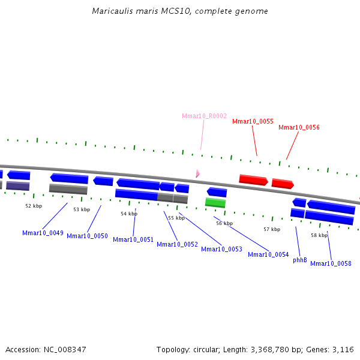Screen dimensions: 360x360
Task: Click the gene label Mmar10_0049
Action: (x=43, y=233)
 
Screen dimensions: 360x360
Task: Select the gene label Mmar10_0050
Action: (x=87, y=236)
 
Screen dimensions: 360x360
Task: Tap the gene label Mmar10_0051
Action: (x=133, y=239)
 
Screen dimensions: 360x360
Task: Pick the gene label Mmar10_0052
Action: (x=177, y=244)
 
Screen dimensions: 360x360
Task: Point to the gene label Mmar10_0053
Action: (x=221, y=249)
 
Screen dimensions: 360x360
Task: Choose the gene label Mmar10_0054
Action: (x=268, y=254)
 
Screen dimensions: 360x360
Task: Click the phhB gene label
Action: (x=300, y=260)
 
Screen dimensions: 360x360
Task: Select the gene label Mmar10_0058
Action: (x=331, y=263)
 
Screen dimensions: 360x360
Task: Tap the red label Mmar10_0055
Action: (x=253, y=121)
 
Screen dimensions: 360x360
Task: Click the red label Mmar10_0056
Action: (x=299, y=127)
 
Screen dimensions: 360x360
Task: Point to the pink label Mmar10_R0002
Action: (x=204, y=116)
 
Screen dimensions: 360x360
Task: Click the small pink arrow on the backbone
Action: (x=197, y=173)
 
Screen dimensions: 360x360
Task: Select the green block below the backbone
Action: (x=215, y=203)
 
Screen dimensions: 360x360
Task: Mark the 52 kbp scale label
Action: (x=34, y=206)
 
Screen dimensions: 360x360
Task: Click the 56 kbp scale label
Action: (x=224, y=223)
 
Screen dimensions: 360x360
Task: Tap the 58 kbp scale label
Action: (x=319, y=235)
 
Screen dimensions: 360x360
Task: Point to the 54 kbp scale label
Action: (x=129, y=214)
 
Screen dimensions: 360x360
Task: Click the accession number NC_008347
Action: (x=64, y=349)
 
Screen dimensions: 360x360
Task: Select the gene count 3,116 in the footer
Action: (x=344, y=349)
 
